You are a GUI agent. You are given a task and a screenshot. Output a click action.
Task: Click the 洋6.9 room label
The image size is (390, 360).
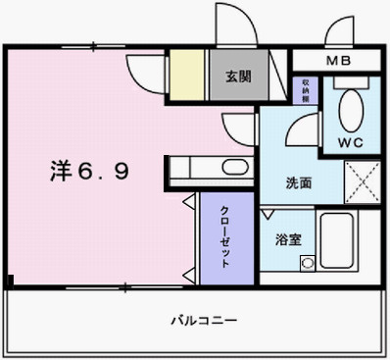(88, 171)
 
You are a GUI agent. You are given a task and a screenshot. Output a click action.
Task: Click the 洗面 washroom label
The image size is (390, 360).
(298, 182)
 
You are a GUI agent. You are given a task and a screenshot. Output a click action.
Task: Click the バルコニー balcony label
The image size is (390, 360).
(203, 321)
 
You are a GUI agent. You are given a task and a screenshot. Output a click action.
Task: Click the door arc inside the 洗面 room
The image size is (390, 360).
(308, 127)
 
